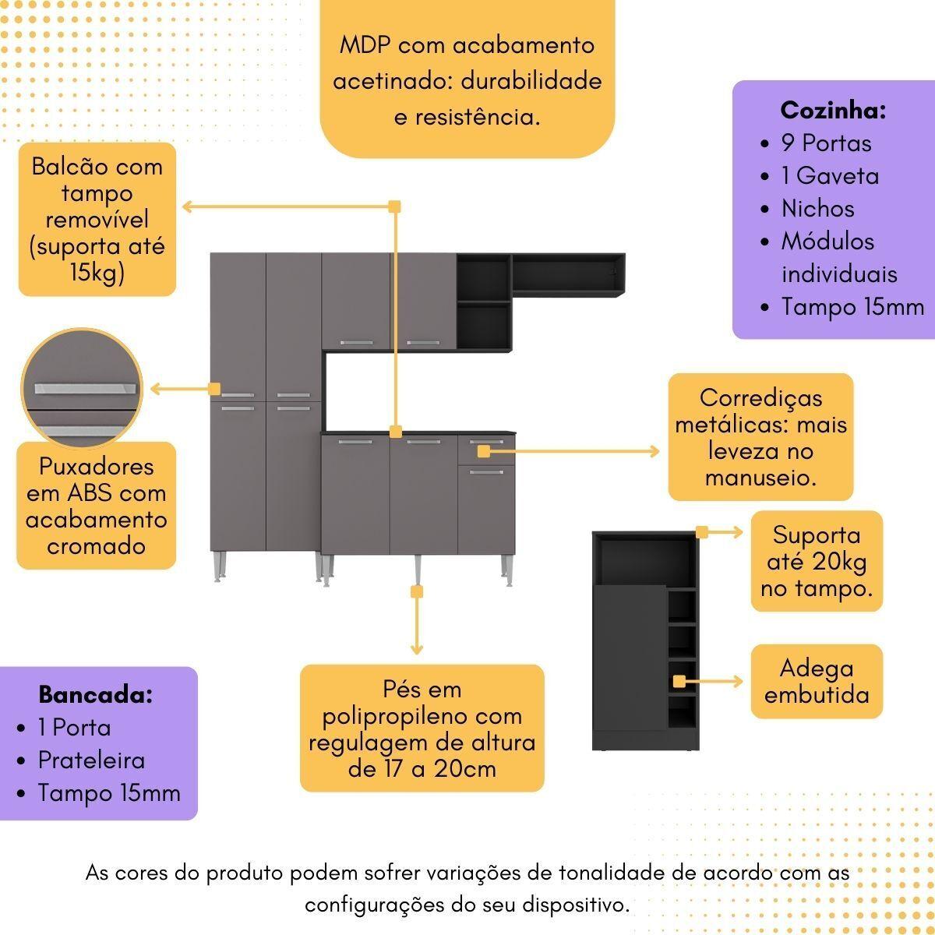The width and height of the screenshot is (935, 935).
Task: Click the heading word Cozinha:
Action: pos(833,111)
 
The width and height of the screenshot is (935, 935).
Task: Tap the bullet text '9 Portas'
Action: pos(826,143)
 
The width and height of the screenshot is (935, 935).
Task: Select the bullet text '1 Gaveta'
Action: pos(830,176)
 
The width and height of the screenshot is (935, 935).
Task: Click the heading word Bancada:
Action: pos(95,694)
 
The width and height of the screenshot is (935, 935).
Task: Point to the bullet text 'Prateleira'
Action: pos(91,760)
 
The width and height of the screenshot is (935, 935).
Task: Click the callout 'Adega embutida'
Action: pos(817,681)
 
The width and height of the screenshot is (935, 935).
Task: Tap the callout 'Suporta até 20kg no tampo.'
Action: pos(817,561)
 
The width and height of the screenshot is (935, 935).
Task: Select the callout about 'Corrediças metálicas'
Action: pos(760,437)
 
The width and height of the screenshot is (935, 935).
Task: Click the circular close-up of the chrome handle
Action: pos(83,388)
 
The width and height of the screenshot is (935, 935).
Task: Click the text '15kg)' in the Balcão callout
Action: pos(97,273)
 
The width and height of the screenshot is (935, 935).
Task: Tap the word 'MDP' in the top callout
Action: pos(366,45)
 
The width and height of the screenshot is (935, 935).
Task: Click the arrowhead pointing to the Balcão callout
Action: pos(188,206)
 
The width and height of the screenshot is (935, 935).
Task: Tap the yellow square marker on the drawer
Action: pos(484,451)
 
